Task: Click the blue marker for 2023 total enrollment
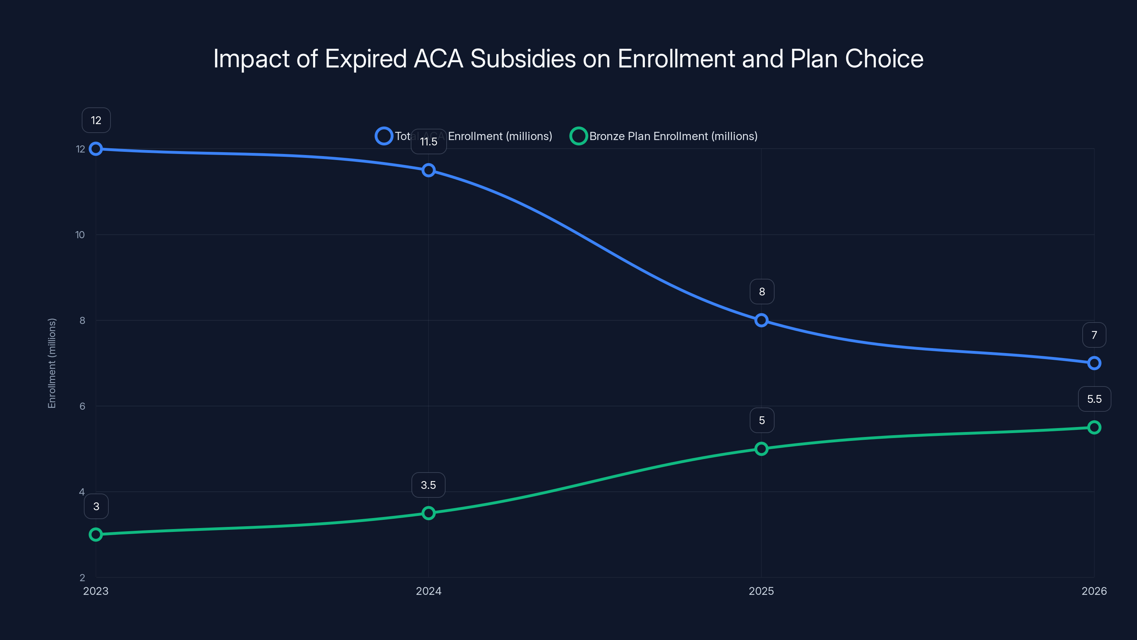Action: tap(96, 149)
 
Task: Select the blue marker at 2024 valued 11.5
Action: tap(428, 170)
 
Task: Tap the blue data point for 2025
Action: tap(761, 320)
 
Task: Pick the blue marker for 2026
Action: tap(1094, 363)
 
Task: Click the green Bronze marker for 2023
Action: tap(96, 534)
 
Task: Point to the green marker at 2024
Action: tap(428, 513)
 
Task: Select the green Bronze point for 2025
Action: tap(761, 449)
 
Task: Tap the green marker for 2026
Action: tap(1094, 427)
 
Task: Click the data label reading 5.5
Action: tap(1094, 399)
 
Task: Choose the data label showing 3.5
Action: tap(428, 485)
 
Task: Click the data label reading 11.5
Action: tap(428, 142)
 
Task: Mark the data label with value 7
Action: tap(1094, 335)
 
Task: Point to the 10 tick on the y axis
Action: tap(80, 235)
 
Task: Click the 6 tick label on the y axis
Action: tap(82, 406)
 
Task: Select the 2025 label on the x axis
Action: tap(761, 591)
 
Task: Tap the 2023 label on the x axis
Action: tap(96, 591)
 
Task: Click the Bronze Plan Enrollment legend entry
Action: tap(673, 136)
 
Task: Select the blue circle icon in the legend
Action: tap(384, 136)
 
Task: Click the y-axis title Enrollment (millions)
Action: tap(52, 363)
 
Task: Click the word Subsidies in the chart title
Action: tap(523, 59)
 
